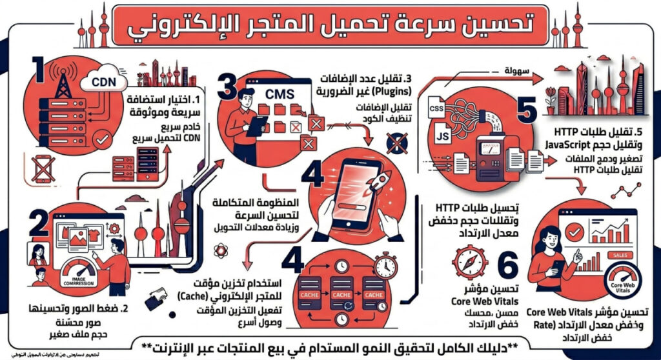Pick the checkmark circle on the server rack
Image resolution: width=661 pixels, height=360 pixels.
tap(101, 139)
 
